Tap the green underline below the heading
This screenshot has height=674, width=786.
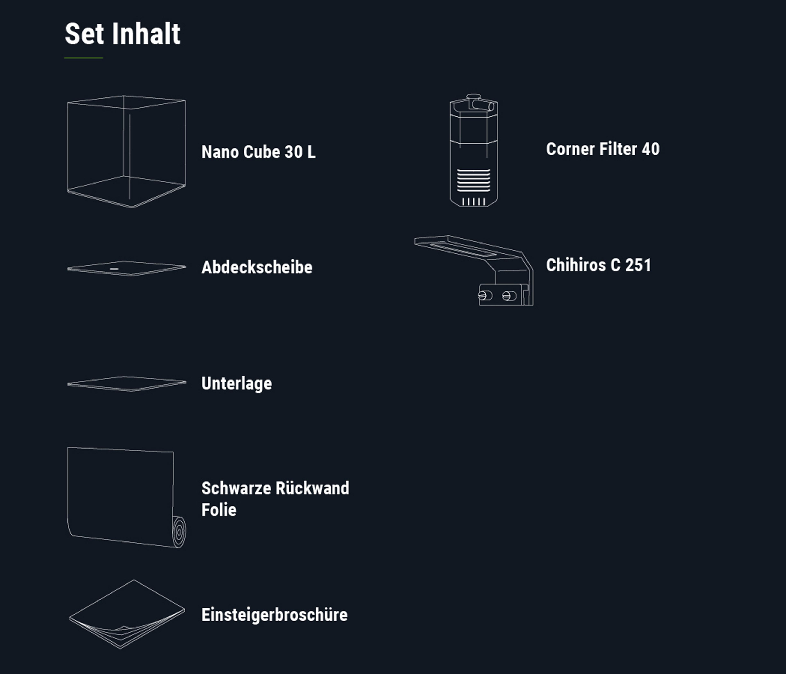coord(84,58)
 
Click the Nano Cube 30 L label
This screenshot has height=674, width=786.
coord(258,152)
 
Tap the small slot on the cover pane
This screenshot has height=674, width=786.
coord(114,269)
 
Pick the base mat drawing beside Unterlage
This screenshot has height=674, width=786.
coord(126,383)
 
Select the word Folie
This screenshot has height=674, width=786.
coord(219,510)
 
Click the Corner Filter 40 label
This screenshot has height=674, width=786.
coord(602,149)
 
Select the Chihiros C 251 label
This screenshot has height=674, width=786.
coord(598,265)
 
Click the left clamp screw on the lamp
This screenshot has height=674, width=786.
coord(484,296)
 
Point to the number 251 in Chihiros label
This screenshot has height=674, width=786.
coord(638,265)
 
